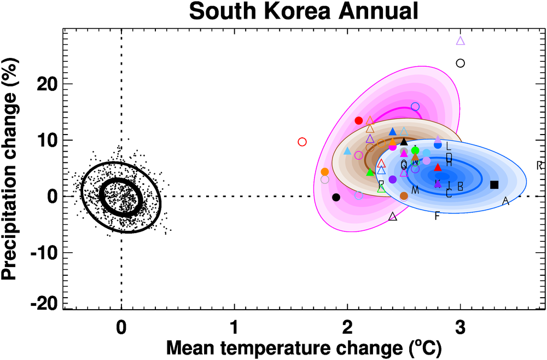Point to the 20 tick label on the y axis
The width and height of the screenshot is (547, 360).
(x=49, y=84)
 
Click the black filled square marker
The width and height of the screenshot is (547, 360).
(x=494, y=185)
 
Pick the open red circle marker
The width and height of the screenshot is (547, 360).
(x=302, y=142)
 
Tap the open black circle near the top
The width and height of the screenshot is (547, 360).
(x=461, y=63)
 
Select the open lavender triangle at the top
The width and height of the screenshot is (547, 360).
(x=461, y=40)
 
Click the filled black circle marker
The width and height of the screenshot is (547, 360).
(x=336, y=197)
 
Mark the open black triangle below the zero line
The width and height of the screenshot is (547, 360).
(x=393, y=217)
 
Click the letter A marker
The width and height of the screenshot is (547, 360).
(x=505, y=202)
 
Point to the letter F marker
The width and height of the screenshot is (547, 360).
(x=437, y=216)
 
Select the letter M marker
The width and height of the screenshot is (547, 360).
(x=415, y=190)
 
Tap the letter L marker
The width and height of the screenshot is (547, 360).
(x=449, y=146)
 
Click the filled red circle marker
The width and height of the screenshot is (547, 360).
(x=359, y=120)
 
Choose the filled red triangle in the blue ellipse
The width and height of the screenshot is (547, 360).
(x=438, y=167)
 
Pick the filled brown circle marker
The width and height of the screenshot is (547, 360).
(x=404, y=196)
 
